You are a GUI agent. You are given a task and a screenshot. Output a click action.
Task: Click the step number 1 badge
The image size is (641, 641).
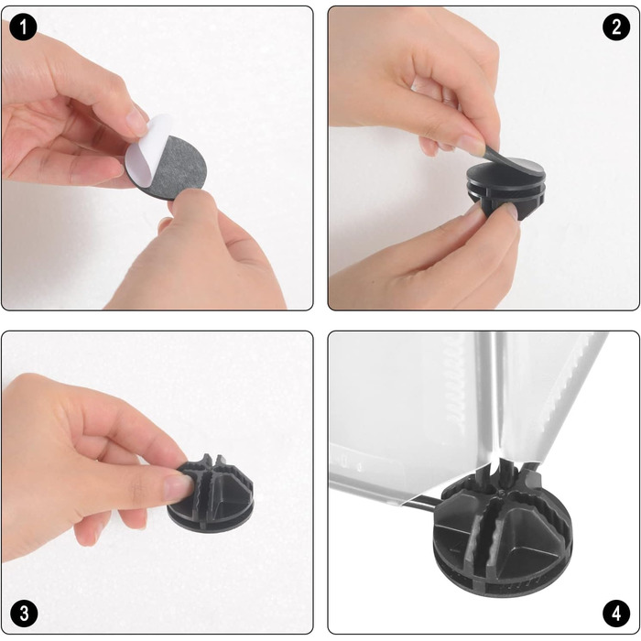tap(23, 27)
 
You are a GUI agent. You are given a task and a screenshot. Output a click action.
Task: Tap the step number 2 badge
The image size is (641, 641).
tap(616, 27)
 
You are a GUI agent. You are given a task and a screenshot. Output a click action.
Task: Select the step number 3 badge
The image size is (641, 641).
tap(24, 614)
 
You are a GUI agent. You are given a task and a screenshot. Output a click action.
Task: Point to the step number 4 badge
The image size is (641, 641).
tap(616, 614)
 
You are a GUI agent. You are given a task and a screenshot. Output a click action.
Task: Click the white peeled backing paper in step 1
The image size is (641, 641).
tap(147, 147)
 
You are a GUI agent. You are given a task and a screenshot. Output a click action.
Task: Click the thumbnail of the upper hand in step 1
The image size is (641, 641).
tap(136, 121)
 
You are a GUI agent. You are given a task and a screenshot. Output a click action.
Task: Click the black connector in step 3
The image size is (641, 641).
tap(211, 493)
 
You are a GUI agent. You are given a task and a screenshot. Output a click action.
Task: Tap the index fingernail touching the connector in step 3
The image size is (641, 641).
tap(177, 487)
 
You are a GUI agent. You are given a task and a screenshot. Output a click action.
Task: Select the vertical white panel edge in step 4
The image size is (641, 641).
tap(491, 397)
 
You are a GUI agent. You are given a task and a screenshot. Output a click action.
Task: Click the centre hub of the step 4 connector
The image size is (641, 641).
tap(500, 494)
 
